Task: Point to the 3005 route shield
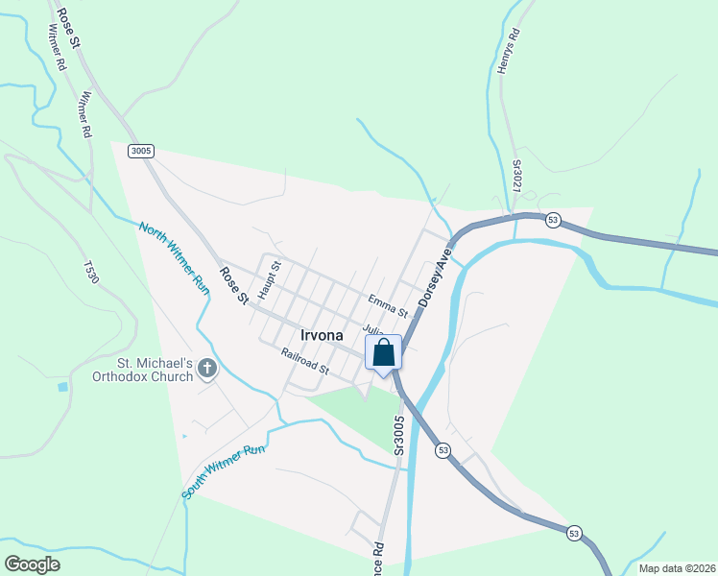[141, 151]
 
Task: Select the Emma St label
[388, 306]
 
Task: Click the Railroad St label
[305, 361]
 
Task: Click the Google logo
[32, 564]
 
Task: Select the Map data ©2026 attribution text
[677, 568]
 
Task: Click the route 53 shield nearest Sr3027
[552, 220]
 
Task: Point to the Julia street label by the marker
[372, 329]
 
